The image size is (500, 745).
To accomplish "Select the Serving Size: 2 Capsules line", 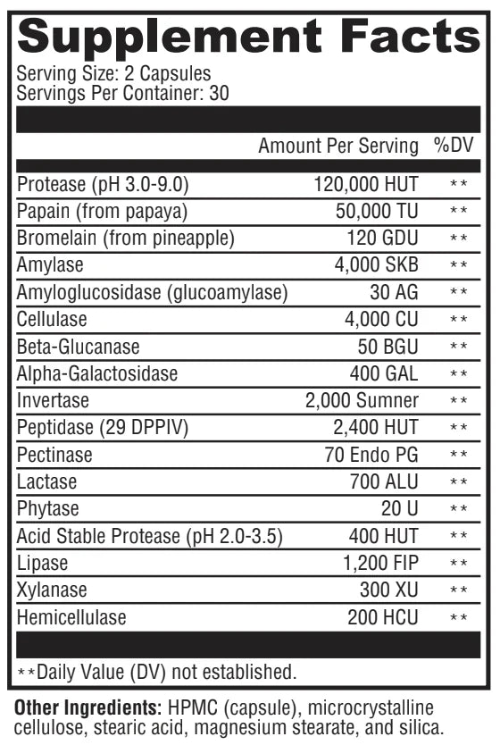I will [114, 74].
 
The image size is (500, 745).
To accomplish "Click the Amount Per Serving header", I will [337, 146].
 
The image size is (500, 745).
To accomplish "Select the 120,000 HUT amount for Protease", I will [366, 184].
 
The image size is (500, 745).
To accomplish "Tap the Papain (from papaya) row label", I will [103, 211].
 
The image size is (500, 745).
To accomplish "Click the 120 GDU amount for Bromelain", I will [383, 239].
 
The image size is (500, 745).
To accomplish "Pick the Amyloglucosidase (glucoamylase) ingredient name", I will [153, 292].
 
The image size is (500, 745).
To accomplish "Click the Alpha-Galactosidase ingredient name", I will [97, 373].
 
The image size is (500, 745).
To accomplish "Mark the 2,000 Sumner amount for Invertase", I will [362, 400].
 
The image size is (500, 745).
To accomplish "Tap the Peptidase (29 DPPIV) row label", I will [102, 427].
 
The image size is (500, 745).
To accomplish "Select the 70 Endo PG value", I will [371, 455].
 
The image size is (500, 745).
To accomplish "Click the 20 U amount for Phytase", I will [399, 508].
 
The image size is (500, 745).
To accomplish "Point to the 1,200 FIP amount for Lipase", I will [381, 563].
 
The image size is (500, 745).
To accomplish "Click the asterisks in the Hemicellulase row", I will [459, 617].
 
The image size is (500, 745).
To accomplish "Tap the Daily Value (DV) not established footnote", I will [156, 670].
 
